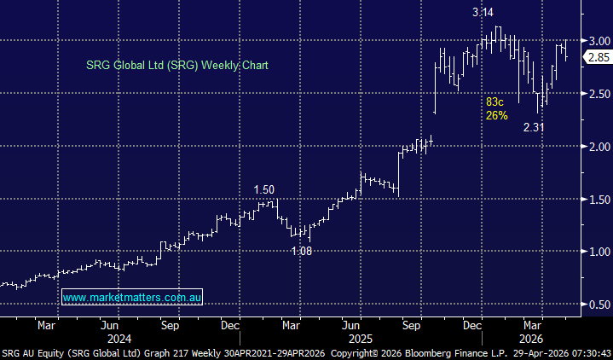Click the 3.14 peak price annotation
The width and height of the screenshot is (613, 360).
point(483,13)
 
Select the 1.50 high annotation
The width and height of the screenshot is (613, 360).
point(265,189)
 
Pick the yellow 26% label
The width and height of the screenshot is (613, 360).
point(497,115)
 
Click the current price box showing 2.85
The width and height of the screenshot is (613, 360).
point(596,56)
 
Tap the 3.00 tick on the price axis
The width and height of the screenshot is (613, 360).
point(599,40)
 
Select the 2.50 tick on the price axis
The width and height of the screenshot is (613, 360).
point(599,93)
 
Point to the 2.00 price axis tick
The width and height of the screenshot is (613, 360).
point(599,146)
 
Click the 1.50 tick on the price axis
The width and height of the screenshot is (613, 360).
point(599,199)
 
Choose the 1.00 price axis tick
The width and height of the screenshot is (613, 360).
point(599,252)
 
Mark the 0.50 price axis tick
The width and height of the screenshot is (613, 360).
point(599,305)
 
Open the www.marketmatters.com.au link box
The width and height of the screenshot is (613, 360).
point(132,298)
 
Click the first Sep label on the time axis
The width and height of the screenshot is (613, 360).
point(170,325)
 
